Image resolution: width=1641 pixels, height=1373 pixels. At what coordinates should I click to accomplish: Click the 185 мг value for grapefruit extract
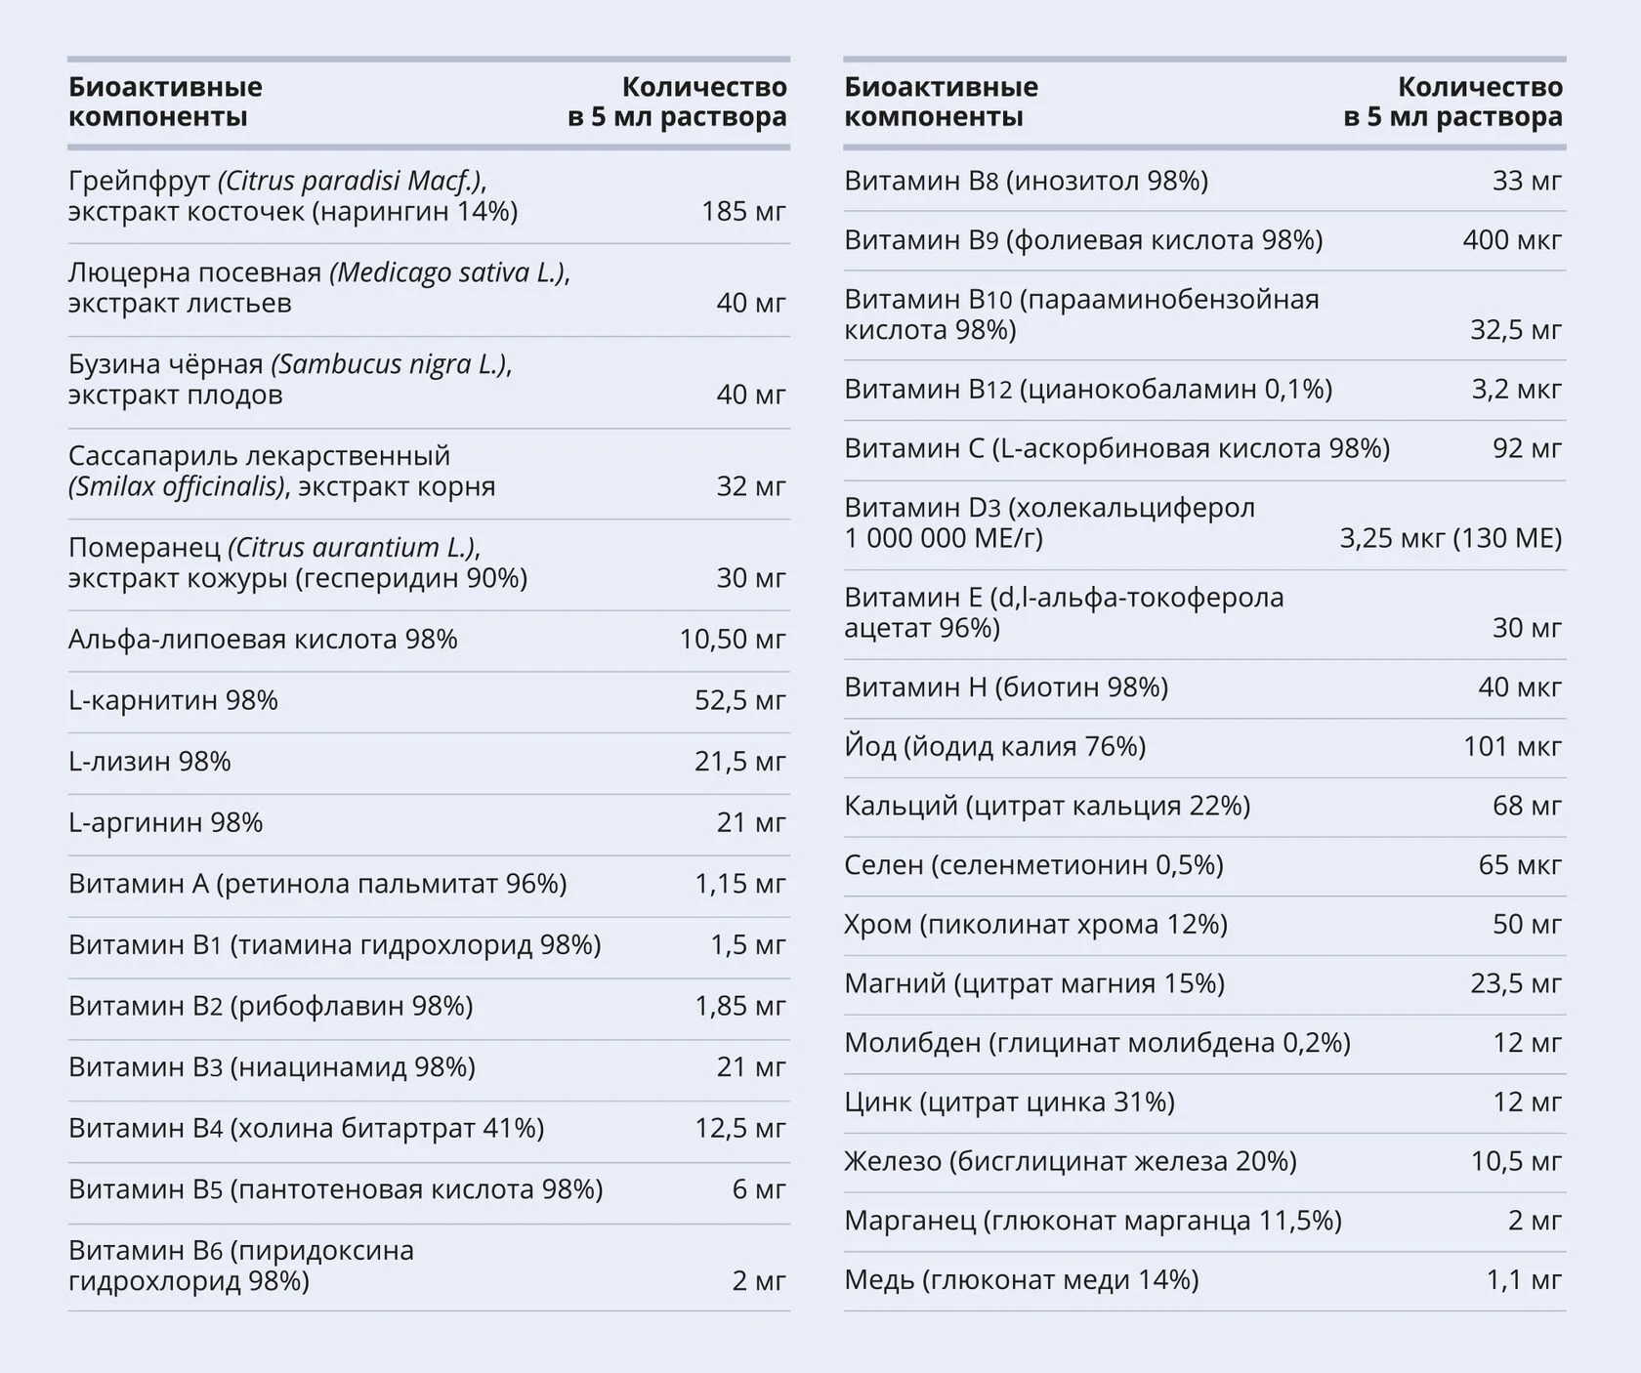[x=743, y=211]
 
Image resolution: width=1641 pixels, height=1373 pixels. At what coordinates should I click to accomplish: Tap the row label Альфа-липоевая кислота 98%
[x=263, y=640]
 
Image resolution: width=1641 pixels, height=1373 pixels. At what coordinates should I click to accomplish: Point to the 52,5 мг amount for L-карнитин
[x=739, y=700]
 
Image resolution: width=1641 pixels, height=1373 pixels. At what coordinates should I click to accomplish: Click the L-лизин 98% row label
[x=149, y=762]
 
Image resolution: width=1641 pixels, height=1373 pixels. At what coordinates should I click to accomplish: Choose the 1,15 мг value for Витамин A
[x=739, y=884]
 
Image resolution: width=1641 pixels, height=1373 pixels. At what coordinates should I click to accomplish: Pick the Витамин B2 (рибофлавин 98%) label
[x=271, y=1006]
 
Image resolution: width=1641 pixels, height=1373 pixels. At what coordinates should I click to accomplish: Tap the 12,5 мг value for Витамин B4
[x=739, y=1128]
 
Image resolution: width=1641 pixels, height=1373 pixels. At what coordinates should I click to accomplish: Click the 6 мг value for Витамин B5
[x=759, y=1189]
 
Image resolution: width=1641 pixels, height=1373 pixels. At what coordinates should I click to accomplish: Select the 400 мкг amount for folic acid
[x=1512, y=240]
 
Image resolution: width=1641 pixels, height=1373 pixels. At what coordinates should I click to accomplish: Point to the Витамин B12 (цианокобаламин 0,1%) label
[x=1088, y=390]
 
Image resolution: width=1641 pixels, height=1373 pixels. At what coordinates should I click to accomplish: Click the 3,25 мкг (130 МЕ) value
[x=1451, y=538]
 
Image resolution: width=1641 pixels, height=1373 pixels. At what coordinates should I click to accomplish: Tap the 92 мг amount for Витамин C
[x=1527, y=448]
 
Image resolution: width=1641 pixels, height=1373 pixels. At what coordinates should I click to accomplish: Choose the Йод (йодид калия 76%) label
[x=995, y=747]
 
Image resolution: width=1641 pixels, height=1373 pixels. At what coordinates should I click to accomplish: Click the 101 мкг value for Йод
[x=1512, y=747]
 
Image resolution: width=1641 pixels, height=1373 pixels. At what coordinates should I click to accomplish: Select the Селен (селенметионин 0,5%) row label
[x=1034, y=865]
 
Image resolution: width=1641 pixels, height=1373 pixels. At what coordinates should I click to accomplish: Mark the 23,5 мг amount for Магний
[x=1516, y=983]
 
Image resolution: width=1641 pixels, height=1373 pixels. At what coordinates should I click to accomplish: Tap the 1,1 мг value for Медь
[x=1524, y=1280]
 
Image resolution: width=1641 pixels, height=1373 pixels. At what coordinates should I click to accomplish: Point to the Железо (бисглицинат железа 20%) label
[x=1071, y=1162]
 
